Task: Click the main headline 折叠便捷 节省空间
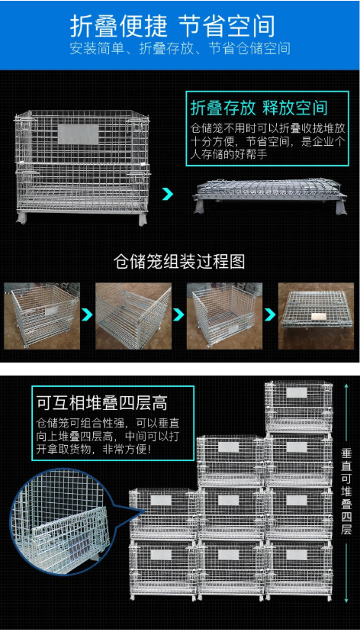pos(172,27)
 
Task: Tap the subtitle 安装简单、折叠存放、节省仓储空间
pos(180,48)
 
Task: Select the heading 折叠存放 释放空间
pos(259,108)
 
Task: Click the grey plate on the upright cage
pos(78,134)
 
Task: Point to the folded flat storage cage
pos(270,195)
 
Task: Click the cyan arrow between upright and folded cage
pos(168,194)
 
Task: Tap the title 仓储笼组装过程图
pos(179,262)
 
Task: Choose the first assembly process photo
pos(42,316)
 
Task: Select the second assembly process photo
pos(133,316)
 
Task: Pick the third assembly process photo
pos(224,316)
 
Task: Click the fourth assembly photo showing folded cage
pos(316,316)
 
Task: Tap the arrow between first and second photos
pos(88,314)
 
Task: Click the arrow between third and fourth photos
pos(270,314)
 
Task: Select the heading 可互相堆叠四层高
pos(102,402)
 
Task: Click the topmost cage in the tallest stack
pos(299,406)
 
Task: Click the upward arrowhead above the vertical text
pos(346,386)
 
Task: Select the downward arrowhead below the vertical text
pos(346,600)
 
